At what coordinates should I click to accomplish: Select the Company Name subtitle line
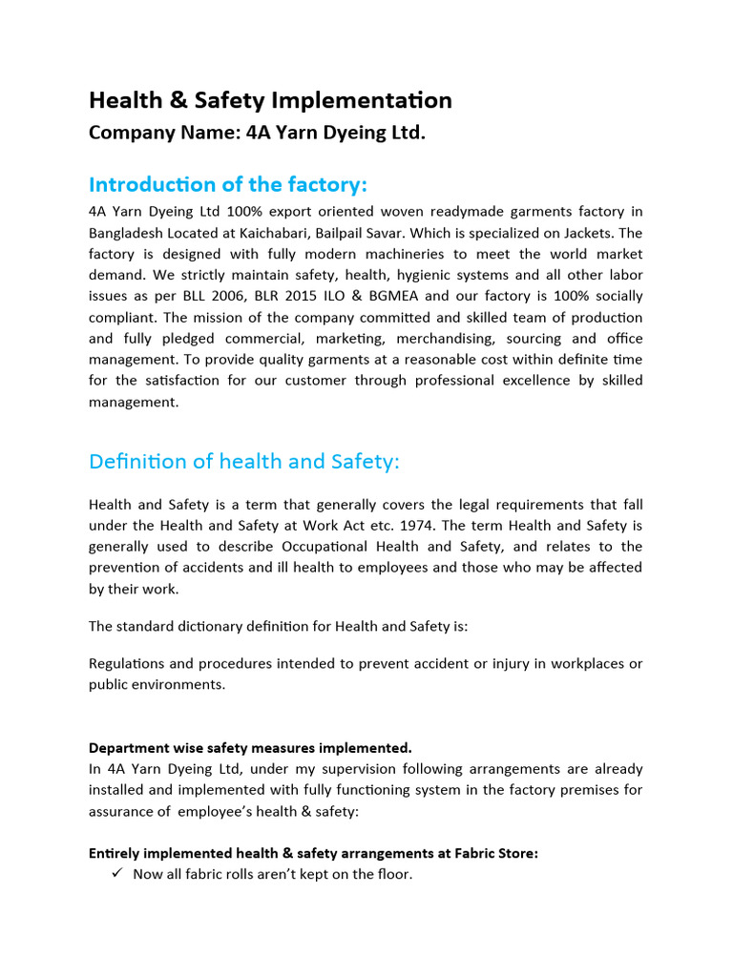[257, 133]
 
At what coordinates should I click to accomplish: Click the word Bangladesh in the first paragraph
[126, 233]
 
